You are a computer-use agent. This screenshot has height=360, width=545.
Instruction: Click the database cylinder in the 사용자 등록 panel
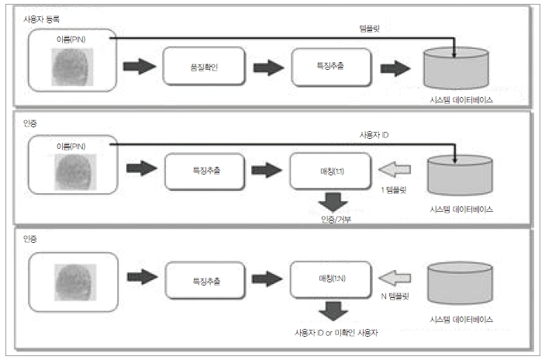point(457,68)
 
